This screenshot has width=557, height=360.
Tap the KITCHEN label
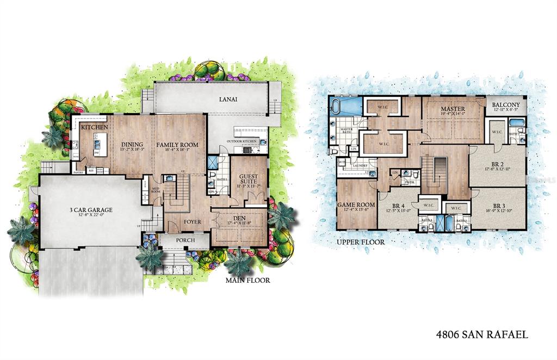pyautogui.click(x=94, y=127)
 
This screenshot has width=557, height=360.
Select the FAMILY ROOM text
pyautogui.click(x=177, y=145)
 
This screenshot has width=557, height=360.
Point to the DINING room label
pyautogui.click(x=131, y=145)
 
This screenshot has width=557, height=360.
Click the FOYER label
pyautogui.click(x=191, y=222)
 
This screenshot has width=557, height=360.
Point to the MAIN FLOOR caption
pyautogui.click(x=247, y=281)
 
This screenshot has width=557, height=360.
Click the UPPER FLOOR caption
pyautogui.click(x=360, y=242)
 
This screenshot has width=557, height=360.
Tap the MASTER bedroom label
pyautogui.click(x=453, y=109)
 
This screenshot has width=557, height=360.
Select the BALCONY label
pyautogui.click(x=506, y=105)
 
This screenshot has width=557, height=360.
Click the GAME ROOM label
pyautogui.click(x=354, y=205)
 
